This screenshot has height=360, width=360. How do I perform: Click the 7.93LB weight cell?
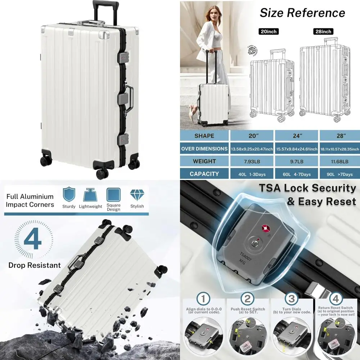click(x=252, y=161)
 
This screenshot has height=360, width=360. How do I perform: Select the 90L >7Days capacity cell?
click(x=338, y=174)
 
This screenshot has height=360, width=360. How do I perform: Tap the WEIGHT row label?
click(x=204, y=161)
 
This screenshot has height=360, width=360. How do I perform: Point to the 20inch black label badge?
click(x=269, y=32)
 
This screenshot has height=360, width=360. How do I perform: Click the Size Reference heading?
click(x=302, y=13)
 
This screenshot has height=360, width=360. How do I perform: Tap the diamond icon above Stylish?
click(x=137, y=194)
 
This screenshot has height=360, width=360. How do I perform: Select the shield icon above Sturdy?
click(x=69, y=194)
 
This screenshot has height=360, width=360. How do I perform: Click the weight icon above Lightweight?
click(x=90, y=195)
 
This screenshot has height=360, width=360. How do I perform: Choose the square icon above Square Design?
click(x=113, y=194)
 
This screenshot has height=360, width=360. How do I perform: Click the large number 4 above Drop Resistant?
click(x=33, y=240)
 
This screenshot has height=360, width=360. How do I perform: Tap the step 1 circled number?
click(x=204, y=299)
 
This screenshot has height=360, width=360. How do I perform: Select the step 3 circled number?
click(x=292, y=299)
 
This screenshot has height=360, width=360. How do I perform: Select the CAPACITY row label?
click(x=204, y=174)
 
